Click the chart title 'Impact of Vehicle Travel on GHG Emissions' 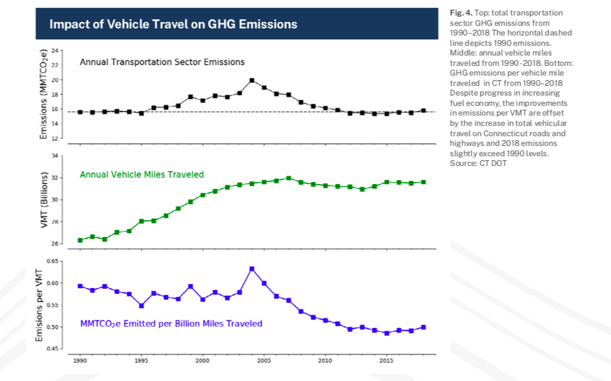[x=173, y=25]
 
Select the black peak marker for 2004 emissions [x=252, y=81]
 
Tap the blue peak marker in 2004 [x=252, y=269]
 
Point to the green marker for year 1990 [x=80, y=240]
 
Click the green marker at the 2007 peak [x=289, y=178]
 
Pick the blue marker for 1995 [x=141, y=305]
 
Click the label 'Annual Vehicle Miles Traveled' [x=141, y=174]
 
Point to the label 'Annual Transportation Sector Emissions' [x=162, y=62]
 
